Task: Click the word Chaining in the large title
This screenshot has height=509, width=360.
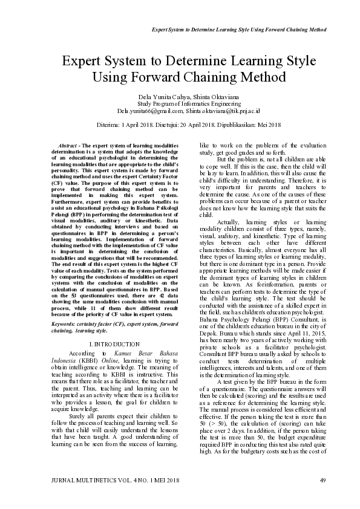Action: click(204, 77)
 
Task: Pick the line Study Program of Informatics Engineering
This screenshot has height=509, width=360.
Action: click(180, 104)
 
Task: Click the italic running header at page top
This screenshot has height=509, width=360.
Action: click(239, 29)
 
